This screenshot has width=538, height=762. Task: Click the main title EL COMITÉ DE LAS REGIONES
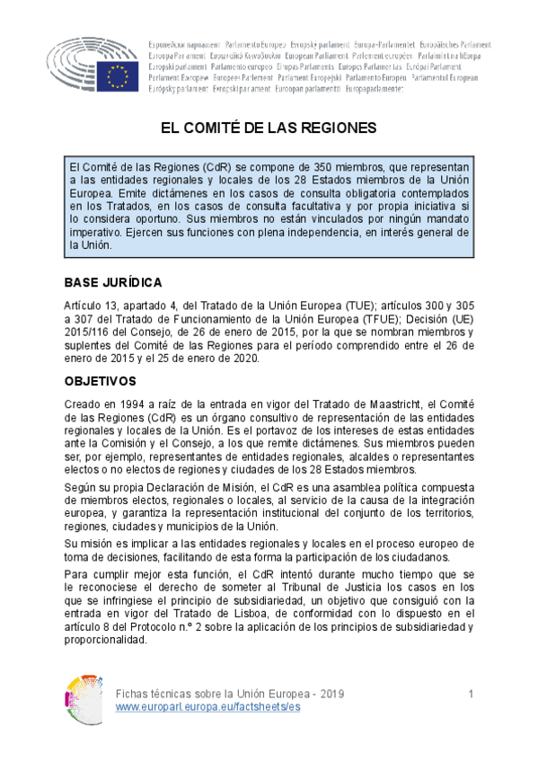(269, 128)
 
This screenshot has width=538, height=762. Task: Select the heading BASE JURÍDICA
(113, 282)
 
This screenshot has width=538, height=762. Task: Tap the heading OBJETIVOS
(100, 380)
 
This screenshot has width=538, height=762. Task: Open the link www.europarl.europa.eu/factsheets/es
(208, 707)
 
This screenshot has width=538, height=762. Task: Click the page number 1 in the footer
(471, 695)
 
